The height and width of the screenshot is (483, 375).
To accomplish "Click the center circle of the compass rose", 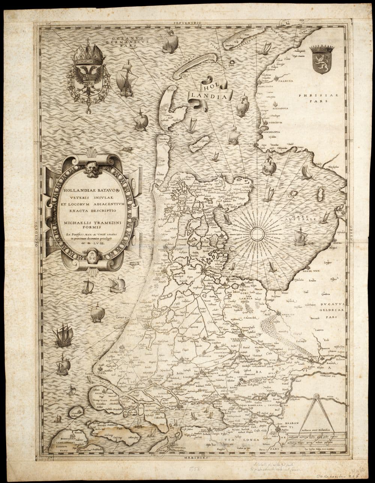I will [x=257, y=234].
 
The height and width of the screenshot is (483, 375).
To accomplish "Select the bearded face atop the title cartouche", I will [x=91, y=169].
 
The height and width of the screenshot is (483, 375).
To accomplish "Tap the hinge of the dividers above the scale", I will [x=316, y=396].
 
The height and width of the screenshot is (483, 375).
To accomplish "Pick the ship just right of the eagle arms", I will [x=125, y=80].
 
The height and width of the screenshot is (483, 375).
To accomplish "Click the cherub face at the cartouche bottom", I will [x=91, y=257].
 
